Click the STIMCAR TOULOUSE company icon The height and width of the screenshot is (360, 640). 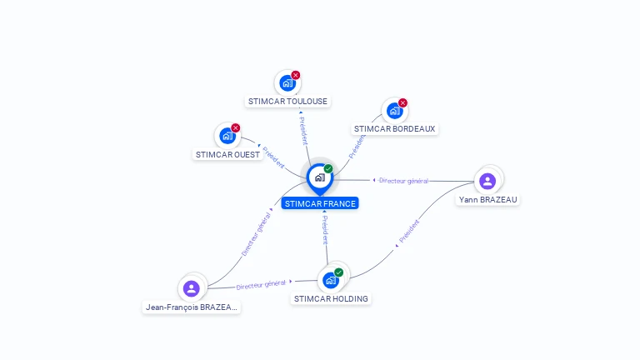(x=287, y=83)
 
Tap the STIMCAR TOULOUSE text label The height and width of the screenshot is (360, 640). (x=287, y=102)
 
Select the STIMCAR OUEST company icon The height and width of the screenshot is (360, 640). (x=227, y=136)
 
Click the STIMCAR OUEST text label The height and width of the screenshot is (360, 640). (x=227, y=155)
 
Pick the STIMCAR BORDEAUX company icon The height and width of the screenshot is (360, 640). (x=394, y=111)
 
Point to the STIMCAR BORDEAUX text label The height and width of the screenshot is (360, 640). (x=394, y=129)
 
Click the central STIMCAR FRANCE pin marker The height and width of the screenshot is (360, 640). (x=319, y=177)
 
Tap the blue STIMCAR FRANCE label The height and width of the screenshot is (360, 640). (x=320, y=203)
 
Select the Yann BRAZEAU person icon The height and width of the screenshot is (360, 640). (x=487, y=181)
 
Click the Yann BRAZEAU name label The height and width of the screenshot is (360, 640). (x=487, y=200)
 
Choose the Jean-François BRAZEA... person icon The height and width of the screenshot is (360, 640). (x=192, y=288)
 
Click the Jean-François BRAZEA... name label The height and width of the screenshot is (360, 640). (x=192, y=307)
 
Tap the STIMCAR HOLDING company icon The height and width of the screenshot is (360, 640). (x=330, y=280)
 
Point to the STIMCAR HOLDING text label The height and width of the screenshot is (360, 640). (x=331, y=299)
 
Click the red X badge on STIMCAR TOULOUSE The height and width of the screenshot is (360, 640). (x=296, y=75)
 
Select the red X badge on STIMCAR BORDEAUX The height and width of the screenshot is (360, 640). (x=403, y=103)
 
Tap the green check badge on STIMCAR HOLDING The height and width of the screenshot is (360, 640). (x=339, y=272)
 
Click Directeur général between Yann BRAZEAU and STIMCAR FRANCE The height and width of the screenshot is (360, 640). (x=403, y=181)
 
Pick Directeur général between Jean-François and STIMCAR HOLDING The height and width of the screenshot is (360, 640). (x=261, y=285)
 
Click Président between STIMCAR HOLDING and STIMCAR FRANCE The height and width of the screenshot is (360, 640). (x=325, y=230)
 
